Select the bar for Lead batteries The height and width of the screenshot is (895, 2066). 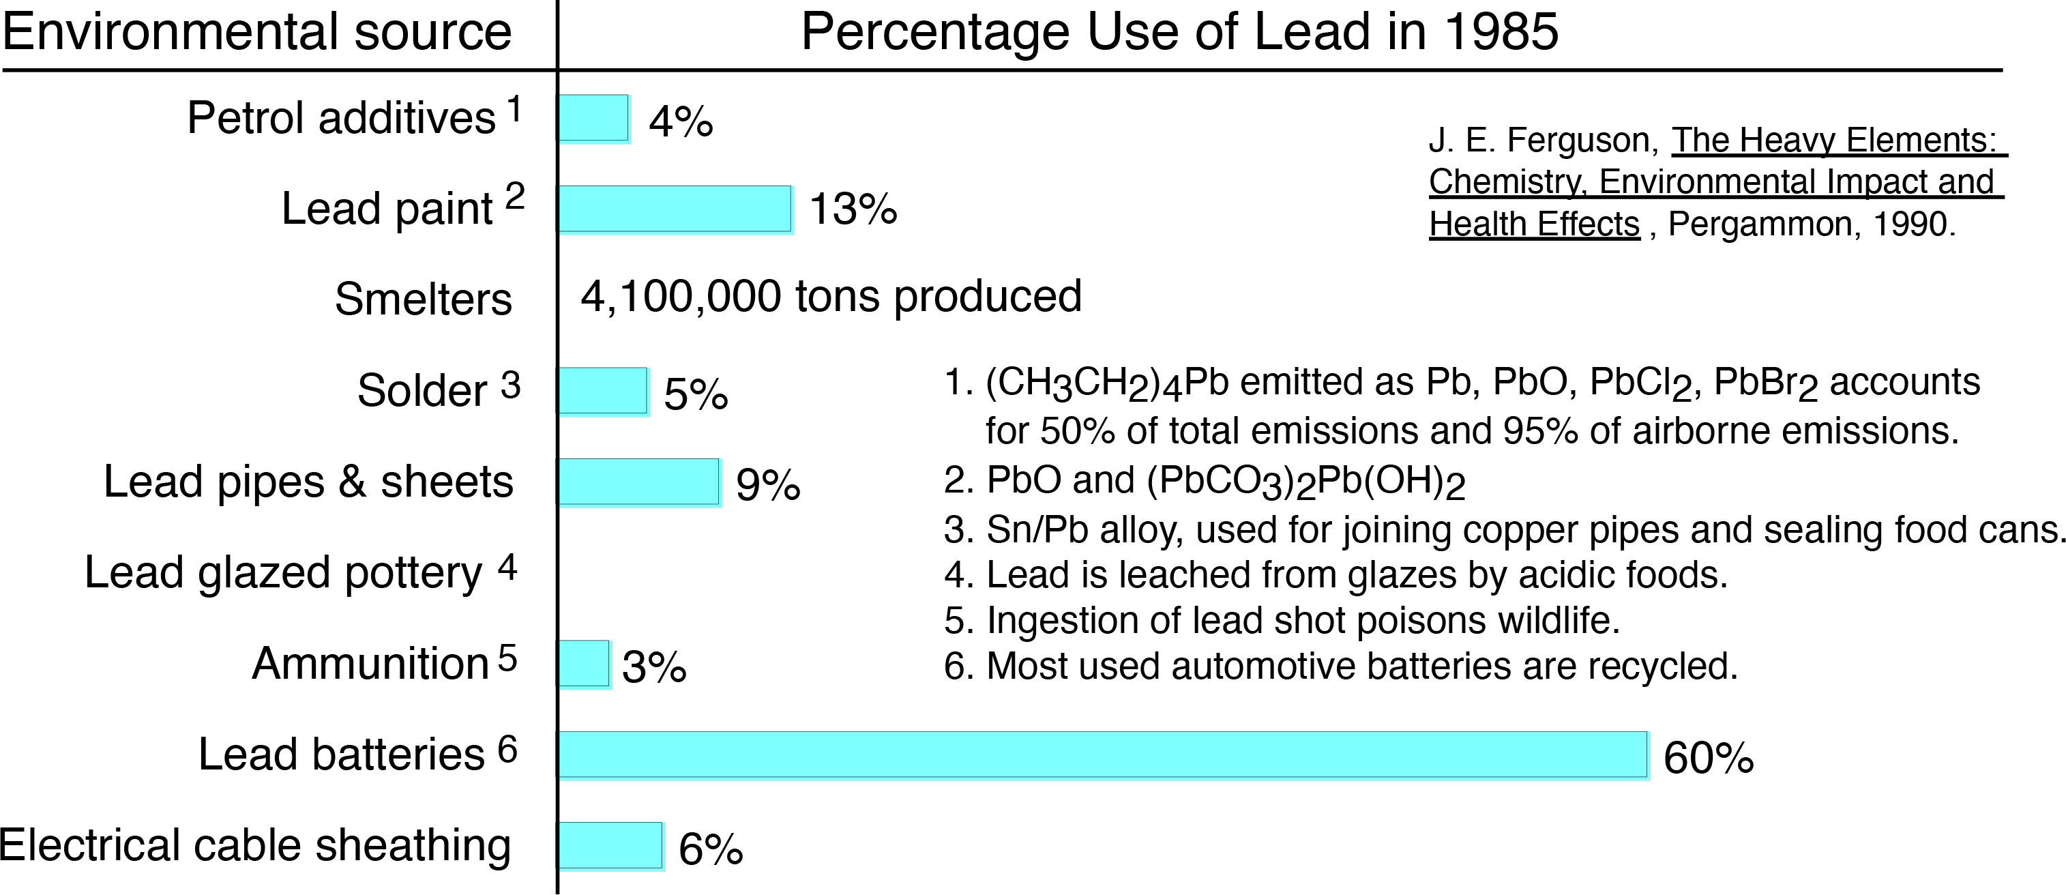(1103, 754)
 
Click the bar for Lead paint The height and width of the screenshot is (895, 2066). (675, 209)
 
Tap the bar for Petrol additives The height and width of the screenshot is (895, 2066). (593, 118)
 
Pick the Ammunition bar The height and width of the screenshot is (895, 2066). (584, 664)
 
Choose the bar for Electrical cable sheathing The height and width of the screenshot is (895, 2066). (610, 846)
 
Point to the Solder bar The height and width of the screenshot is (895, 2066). (603, 392)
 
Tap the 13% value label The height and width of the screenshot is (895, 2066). (853, 209)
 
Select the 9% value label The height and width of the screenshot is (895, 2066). (767, 485)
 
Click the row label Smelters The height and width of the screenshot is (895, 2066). (423, 300)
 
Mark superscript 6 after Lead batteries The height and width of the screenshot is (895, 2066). (507, 750)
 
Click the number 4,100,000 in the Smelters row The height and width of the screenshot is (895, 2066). (680, 297)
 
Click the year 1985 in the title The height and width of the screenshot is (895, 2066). (1501, 32)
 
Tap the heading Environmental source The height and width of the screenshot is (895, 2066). (256, 32)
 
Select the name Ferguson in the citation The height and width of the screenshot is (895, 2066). (1582, 141)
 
